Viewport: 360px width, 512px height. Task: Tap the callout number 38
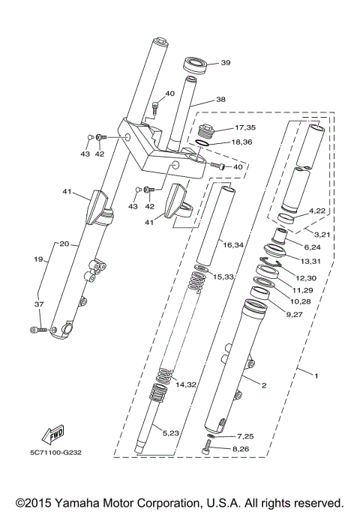220,99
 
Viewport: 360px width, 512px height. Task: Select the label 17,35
244,127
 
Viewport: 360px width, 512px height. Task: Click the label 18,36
244,142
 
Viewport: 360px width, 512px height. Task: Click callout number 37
38,304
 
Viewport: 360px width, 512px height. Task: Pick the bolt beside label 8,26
208,450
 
